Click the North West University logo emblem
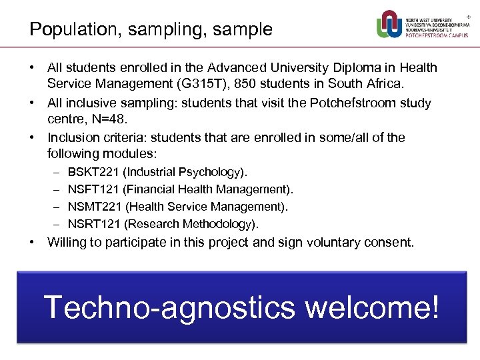389,25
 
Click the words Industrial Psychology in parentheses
184,172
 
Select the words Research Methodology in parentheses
191,224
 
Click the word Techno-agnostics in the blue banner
169,307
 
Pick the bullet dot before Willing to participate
32,242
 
